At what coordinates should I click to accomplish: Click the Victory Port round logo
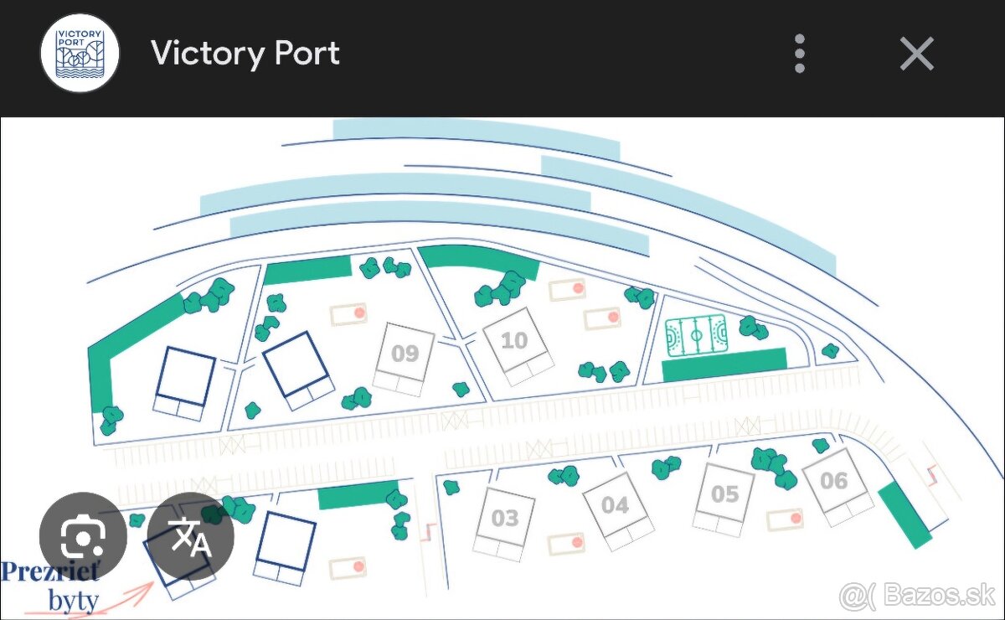[x=80, y=54]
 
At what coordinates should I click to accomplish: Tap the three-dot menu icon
[x=800, y=54]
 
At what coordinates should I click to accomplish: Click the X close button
[x=916, y=54]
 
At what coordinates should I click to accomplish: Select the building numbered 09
[x=405, y=354]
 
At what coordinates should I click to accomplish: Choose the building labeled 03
[x=504, y=519]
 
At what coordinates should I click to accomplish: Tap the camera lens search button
[x=83, y=536]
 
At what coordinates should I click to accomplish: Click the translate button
[x=191, y=536]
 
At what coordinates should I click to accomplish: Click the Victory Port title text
[x=245, y=54]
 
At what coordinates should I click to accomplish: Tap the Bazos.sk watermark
[x=917, y=597]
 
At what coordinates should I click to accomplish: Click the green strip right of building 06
[x=904, y=514]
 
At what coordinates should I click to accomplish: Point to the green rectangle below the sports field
[x=724, y=365]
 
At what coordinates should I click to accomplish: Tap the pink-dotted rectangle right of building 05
[x=785, y=519]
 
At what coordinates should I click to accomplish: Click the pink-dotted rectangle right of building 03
[x=566, y=544]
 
